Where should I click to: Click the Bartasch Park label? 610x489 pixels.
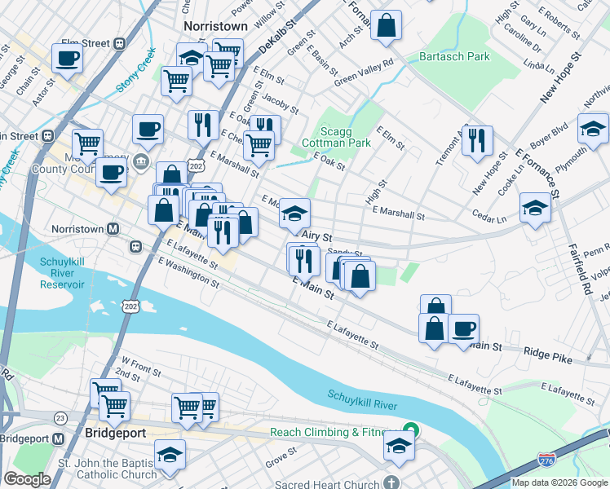454,57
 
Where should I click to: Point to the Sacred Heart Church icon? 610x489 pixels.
394,483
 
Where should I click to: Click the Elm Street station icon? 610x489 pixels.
119,43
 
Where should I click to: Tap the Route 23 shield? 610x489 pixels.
60,417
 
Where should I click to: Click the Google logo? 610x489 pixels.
27,479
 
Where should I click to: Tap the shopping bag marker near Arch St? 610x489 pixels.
387,25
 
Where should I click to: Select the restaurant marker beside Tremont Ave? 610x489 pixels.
476,140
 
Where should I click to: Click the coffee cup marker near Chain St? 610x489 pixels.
68,58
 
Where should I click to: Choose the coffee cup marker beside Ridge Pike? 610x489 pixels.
463,329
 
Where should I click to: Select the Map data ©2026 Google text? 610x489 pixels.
560,482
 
